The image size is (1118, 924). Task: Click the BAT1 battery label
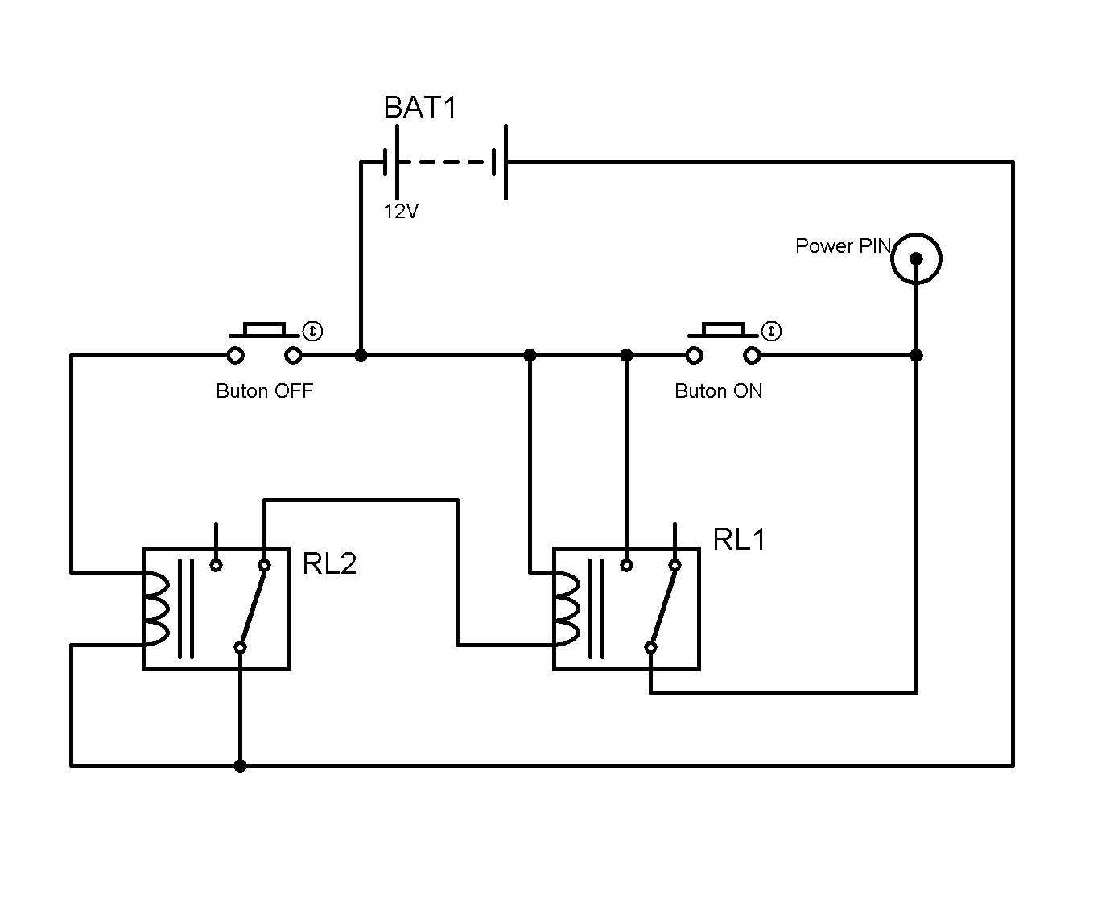coord(420,108)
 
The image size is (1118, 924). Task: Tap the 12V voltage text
coord(401,212)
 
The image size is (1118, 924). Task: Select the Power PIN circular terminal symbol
coord(916,258)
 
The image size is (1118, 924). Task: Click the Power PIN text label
coord(843,246)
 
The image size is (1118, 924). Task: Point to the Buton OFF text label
coord(264,391)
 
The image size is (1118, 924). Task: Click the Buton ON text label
coord(718,391)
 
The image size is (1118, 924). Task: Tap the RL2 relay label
coord(329,563)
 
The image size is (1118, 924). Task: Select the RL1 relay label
coord(739,539)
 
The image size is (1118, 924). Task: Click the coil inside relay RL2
coord(155,609)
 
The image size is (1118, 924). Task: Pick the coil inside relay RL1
coord(566,609)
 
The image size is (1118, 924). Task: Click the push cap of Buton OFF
coord(264,329)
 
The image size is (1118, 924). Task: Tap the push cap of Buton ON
coord(722,329)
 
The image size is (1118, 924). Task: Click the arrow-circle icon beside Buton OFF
coord(312,331)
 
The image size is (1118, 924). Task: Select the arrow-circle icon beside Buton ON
coord(770,331)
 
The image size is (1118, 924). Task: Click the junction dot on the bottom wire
coord(240,765)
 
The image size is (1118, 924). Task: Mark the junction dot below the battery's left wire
coord(361,355)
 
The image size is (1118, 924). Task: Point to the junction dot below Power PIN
coord(916,355)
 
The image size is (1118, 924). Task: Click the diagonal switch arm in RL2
coord(252,606)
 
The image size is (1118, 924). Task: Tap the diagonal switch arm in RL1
coord(662,606)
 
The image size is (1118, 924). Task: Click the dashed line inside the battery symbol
coord(445,163)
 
